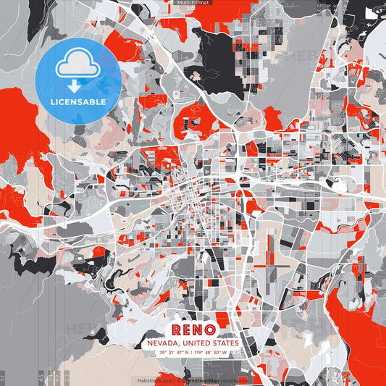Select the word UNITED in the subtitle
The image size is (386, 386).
click(196, 343)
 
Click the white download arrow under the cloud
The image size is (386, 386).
click(74, 85)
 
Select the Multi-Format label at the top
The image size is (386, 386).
click(193, 4)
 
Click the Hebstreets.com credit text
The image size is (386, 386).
click(152, 379)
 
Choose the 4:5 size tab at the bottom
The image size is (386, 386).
click(41, 377)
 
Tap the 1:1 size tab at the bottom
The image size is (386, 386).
click(3, 377)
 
